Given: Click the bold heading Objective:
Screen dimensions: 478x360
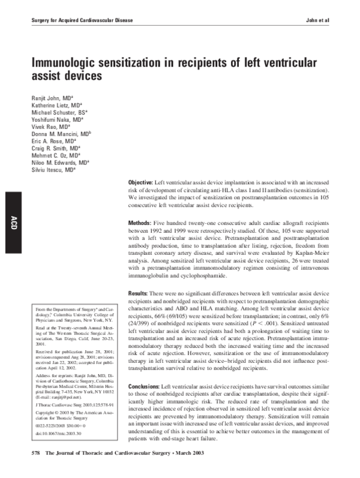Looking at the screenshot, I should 141,182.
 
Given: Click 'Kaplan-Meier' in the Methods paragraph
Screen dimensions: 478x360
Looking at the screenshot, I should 305,254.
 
